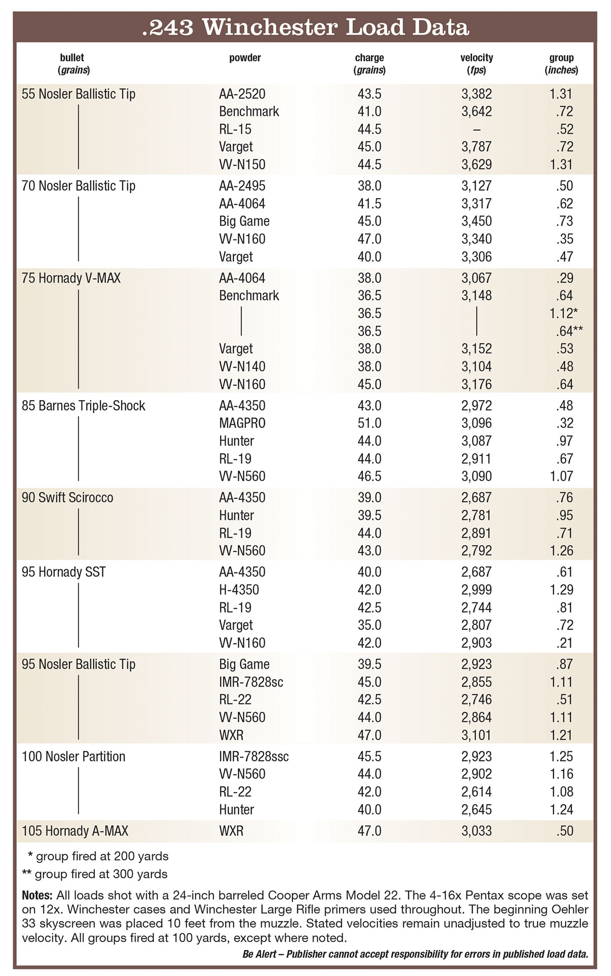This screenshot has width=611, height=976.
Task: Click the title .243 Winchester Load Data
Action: coord(305,28)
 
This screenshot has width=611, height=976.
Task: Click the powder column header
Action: coord(245,58)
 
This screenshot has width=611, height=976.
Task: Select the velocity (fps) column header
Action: coord(477,64)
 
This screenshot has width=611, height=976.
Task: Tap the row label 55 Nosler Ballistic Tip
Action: coord(78,94)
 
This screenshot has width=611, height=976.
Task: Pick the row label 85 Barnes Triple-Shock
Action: coord(84,406)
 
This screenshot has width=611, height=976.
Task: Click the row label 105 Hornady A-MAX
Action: coord(75,831)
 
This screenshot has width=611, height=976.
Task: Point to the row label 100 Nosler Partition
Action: coord(73,756)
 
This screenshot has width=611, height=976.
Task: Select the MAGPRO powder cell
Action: coord(242,423)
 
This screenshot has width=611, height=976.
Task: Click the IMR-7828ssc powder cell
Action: coord(254,756)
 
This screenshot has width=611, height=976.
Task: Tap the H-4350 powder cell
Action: coord(239,590)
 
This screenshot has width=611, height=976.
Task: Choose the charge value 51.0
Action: coord(369,423)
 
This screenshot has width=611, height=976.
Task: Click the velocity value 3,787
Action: coord(477,147)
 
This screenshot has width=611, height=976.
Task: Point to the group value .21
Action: coord(565,643)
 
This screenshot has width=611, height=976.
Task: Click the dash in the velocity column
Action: coord(477,129)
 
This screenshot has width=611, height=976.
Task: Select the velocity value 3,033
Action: coord(477,831)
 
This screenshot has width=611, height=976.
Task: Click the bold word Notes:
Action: coord(37,895)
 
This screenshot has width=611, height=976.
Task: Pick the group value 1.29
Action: coord(561,590)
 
